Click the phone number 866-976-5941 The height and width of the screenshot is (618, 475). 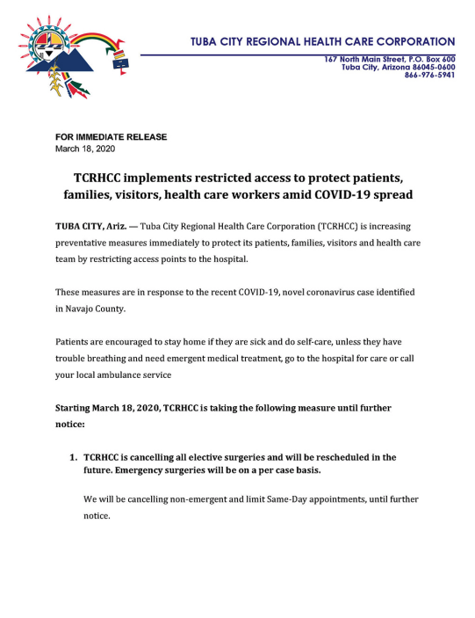click(429, 75)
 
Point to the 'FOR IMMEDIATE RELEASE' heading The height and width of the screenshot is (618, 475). click(111, 137)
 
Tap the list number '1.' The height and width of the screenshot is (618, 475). click(73, 457)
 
